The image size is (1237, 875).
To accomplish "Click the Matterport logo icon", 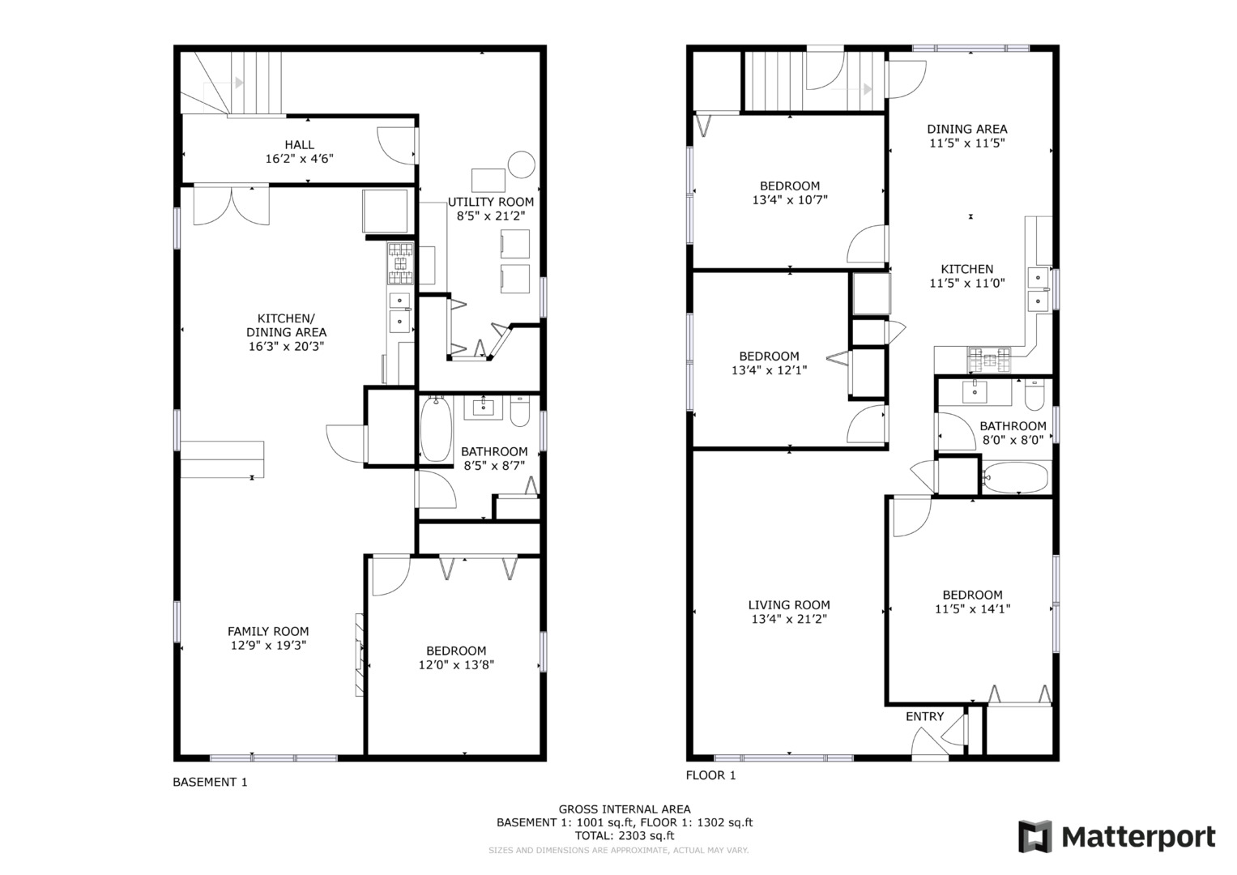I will point(1034,836).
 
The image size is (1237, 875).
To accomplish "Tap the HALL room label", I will point(299,145).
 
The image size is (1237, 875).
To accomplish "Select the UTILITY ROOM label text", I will point(491,202).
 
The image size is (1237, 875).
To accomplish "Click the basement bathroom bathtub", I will point(435,429).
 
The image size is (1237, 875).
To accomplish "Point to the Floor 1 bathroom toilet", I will point(1034,395).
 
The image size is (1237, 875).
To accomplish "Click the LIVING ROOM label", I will point(788,604).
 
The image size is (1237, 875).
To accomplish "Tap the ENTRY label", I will point(924,716).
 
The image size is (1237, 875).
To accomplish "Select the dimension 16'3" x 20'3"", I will point(286,346).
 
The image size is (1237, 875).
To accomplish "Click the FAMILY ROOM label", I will point(267,631).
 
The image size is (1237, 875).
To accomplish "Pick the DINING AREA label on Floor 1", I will point(966,129).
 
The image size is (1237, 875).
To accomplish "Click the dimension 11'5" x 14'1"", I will point(972,609).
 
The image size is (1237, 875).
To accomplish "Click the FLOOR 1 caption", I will point(710,775).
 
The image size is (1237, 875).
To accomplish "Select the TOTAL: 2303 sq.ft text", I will point(624,835).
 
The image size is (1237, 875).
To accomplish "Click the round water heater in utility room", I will point(521,164).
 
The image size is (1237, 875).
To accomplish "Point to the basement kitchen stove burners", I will point(400,264).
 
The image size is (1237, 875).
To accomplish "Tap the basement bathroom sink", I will point(484,406).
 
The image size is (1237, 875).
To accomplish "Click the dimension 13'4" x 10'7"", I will point(789,199).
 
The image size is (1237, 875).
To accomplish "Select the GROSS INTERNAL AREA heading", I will point(624,809).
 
